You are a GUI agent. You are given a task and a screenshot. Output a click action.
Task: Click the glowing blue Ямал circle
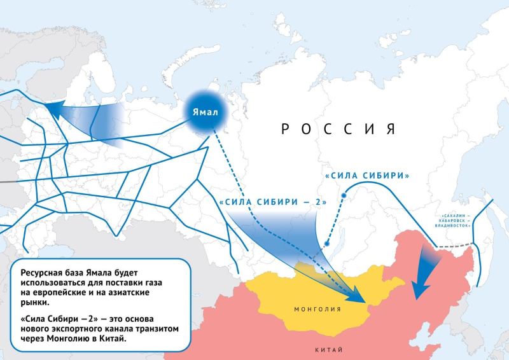pyautogui.click(x=206, y=113)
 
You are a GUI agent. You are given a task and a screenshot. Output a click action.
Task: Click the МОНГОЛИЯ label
pyautogui.click(x=317, y=309)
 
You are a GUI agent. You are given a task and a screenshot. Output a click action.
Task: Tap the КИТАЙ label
pyautogui.click(x=328, y=350)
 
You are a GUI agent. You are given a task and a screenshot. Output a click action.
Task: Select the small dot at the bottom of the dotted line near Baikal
pyautogui.click(x=326, y=244)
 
